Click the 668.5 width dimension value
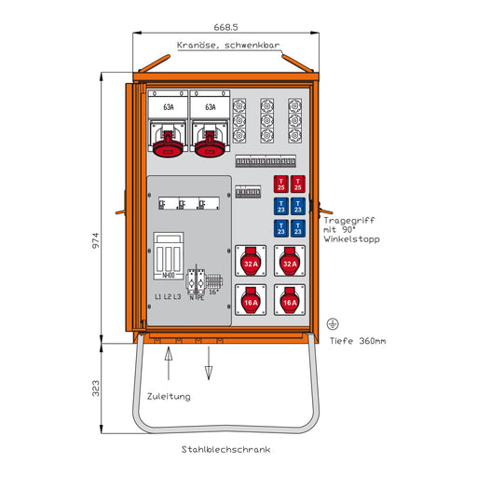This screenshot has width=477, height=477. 227,27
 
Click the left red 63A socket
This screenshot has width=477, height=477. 169,140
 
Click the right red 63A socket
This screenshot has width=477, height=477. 209,140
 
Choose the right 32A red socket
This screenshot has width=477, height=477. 290,263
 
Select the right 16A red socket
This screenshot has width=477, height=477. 290,300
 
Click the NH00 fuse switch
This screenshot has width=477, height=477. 169,254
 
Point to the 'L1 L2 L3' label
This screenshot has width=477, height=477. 169,296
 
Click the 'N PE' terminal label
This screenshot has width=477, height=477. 197,296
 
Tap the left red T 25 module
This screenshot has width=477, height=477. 280,184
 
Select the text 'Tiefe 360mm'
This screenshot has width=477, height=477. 358,341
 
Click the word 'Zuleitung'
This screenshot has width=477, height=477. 169,396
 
